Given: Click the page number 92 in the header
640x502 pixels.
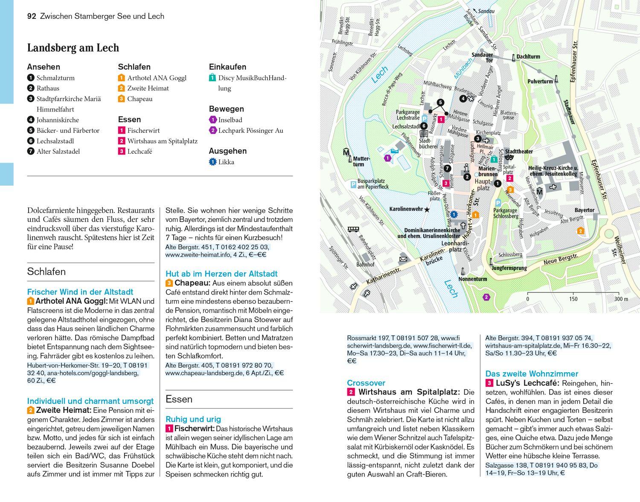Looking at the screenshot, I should [x=31, y=16].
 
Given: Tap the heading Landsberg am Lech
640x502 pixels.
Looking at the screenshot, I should [x=73, y=48].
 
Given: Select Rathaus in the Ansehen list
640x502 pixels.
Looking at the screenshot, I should [x=48, y=88].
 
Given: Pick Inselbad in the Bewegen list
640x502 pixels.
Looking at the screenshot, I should [x=230, y=120].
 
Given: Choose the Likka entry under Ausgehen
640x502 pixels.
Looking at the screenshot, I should [x=226, y=162].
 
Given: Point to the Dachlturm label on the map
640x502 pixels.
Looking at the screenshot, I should [x=528, y=56].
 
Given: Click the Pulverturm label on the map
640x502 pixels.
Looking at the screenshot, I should [x=540, y=81].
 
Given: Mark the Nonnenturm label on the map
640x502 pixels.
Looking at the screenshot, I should [x=472, y=279].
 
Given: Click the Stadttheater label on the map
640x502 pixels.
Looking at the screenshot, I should [x=519, y=151].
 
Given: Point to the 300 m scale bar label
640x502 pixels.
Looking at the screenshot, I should [x=621, y=299].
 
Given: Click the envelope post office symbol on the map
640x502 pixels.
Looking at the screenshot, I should [x=403, y=259].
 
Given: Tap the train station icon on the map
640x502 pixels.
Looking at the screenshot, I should [x=353, y=229].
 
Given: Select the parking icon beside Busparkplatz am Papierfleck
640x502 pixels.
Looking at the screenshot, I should [x=353, y=184].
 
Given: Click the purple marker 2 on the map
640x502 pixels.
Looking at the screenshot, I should [x=486, y=297].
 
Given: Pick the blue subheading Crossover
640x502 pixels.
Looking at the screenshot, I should [x=366, y=383].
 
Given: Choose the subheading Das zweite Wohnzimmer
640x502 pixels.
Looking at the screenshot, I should [x=532, y=374].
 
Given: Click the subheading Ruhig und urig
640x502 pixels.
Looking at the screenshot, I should [x=193, y=419].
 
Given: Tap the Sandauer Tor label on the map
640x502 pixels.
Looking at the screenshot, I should [x=482, y=58].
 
